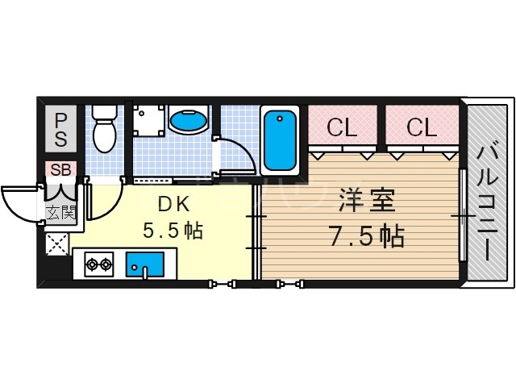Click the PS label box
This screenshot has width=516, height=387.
(61, 129)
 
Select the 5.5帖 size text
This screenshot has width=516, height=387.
(172, 231)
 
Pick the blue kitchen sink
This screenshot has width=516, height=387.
(145, 263)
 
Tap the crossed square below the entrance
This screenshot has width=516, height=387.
(58, 244)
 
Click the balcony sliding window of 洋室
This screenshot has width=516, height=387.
(463, 215)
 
